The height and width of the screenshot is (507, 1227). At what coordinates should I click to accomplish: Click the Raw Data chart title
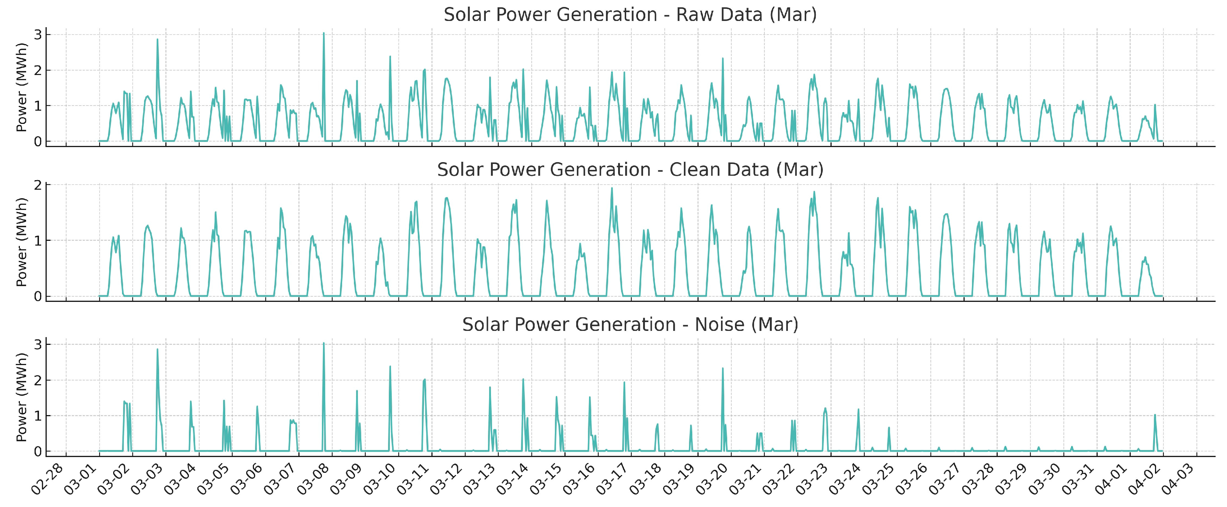pyautogui.click(x=630, y=15)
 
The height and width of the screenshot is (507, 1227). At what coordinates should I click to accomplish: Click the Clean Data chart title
pyautogui.click(x=630, y=169)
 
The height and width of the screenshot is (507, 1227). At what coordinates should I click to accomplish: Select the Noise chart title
pyautogui.click(x=630, y=325)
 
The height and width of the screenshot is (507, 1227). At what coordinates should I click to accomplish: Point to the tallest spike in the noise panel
pyautogui.click(x=323, y=343)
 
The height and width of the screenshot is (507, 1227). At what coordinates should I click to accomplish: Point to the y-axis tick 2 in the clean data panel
pyautogui.click(x=37, y=185)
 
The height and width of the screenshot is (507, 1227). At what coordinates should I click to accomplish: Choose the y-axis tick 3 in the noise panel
pyautogui.click(x=37, y=344)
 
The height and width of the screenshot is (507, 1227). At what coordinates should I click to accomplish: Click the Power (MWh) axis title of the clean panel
pyautogui.click(x=21, y=242)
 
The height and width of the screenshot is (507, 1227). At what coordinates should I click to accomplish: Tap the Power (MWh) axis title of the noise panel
pyautogui.click(x=21, y=397)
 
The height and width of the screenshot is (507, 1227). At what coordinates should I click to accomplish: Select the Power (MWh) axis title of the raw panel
pyautogui.click(x=21, y=87)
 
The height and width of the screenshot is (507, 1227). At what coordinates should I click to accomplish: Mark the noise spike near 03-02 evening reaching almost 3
pyautogui.click(x=157, y=349)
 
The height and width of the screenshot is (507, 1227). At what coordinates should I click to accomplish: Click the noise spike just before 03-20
pyautogui.click(x=722, y=368)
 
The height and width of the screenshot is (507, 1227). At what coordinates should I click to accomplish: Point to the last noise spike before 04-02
pyautogui.click(x=1155, y=415)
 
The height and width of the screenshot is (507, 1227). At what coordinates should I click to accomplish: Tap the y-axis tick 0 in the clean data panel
pyautogui.click(x=37, y=296)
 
